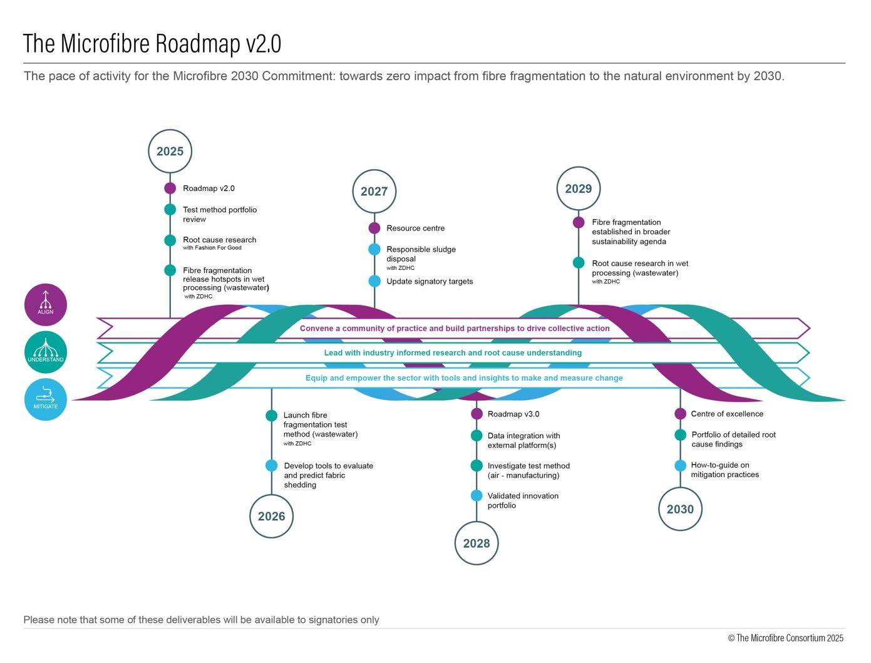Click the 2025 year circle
(170, 152)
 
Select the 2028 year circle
(476, 543)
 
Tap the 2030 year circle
(680, 510)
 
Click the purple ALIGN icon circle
(45, 304)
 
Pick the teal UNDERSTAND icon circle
(45, 352)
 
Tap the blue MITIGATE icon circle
(45, 399)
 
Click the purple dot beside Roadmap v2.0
(170, 188)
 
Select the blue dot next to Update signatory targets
(374, 281)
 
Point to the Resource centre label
(415, 229)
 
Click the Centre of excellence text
(726, 414)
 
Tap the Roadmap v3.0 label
(513, 414)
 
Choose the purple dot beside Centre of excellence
(680, 414)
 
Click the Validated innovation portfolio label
(522, 500)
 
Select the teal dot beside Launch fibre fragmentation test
(271, 416)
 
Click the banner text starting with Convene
(454, 328)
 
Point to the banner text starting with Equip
(463, 378)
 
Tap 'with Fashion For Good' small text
(212, 248)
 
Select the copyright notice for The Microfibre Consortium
(785, 638)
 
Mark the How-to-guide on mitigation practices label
(724, 470)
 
